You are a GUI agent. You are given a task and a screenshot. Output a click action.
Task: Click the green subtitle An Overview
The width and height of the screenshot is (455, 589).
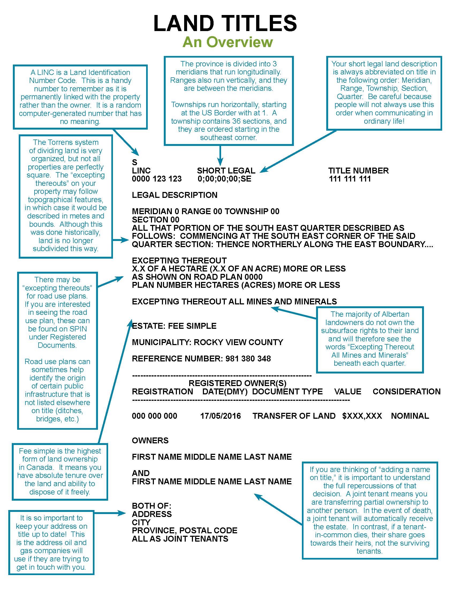(x=227, y=42)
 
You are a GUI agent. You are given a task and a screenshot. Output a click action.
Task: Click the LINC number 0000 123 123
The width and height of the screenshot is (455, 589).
(x=157, y=179)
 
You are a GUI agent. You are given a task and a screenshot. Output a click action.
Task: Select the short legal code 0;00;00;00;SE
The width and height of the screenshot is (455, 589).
(x=224, y=179)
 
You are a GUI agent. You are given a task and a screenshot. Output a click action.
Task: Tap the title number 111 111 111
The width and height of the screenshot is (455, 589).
(x=350, y=179)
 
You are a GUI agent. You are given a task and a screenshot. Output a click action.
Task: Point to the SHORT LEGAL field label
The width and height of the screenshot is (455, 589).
(x=226, y=171)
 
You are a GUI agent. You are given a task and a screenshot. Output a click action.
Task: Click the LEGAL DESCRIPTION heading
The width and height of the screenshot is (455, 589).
(x=175, y=195)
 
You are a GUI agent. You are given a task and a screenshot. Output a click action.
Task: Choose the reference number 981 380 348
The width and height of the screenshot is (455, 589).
(x=248, y=358)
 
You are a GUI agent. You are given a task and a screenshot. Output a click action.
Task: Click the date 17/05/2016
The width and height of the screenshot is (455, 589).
(x=221, y=416)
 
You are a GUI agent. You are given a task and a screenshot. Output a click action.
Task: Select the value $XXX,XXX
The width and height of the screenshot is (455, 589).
(x=362, y=416)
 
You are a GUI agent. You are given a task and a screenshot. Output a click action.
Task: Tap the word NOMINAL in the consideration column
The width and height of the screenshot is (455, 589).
(x=410, y=416)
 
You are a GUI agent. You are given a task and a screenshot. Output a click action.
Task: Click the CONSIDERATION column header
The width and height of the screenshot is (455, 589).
(x=407, y=391)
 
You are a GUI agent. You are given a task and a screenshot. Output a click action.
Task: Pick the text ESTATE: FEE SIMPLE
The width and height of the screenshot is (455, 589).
(x=174, y=326)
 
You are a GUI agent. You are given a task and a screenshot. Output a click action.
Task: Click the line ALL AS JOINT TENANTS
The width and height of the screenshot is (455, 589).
(x=180, y=539)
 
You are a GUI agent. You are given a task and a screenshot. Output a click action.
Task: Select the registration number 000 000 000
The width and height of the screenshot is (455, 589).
(x=154, y=416)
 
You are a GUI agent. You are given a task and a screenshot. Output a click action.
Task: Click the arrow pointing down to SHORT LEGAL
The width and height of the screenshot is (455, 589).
(x=220, y=156)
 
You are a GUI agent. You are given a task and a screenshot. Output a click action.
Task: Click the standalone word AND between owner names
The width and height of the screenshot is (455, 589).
(x=141, y=473)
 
